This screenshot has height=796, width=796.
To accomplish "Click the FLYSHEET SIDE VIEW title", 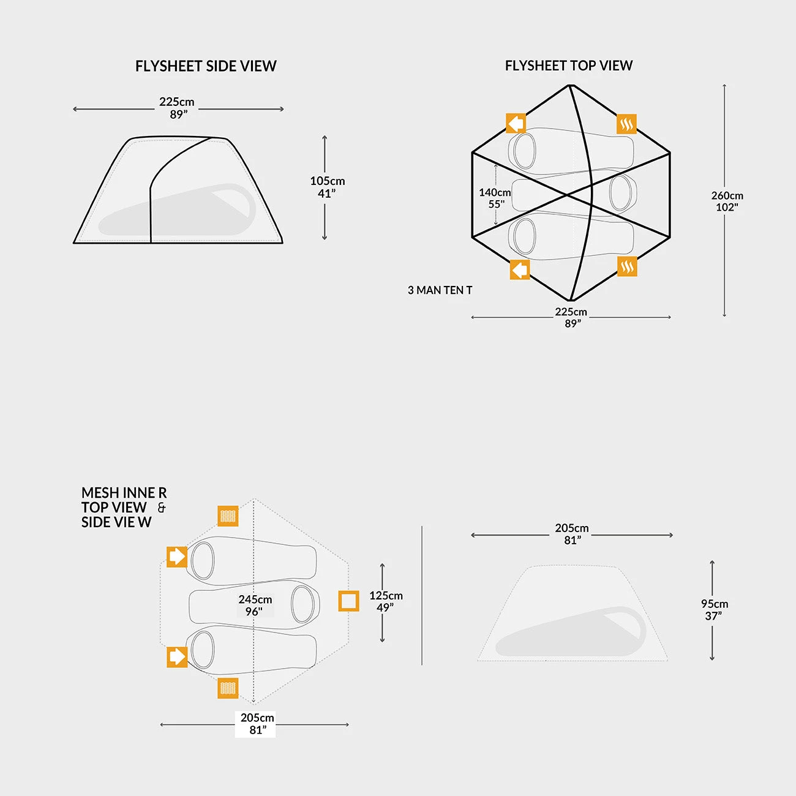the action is click(x=206, y=66).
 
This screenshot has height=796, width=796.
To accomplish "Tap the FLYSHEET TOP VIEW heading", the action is click(x=569, y=66).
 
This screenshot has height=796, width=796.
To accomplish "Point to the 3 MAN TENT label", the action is click(x=440, y=290).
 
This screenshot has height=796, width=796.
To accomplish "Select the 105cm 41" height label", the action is click(x=327, y=187).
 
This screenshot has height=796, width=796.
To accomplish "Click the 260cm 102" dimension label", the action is click(x=727, y=201).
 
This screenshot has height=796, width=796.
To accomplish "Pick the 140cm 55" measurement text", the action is click(x=495, y=198).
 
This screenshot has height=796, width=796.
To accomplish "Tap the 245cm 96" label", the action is click(x=255, y=605).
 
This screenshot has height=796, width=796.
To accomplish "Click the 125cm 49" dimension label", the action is click(x=386, y=601).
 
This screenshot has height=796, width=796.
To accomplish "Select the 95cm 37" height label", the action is click(x=714, y=610).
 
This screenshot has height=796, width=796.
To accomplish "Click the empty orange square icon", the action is click(x=348, y=601).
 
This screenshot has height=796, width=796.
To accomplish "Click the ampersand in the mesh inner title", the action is click(x=162, y=507).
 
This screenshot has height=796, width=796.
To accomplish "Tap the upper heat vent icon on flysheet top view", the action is click(x=626, y=124).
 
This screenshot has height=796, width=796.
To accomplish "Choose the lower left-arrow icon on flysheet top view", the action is click(x=520, y=270).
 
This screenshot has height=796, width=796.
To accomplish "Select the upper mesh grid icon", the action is click(x=228, y=516).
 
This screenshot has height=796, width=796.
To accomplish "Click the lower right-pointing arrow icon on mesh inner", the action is click(x=177, y=657).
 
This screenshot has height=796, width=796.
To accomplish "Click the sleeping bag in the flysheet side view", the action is click(x=177, y=210).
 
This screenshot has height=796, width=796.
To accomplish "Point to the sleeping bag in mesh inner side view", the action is click(x=571, y=631).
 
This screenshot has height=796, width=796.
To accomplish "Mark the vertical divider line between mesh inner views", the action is click(x=422, y=596).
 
